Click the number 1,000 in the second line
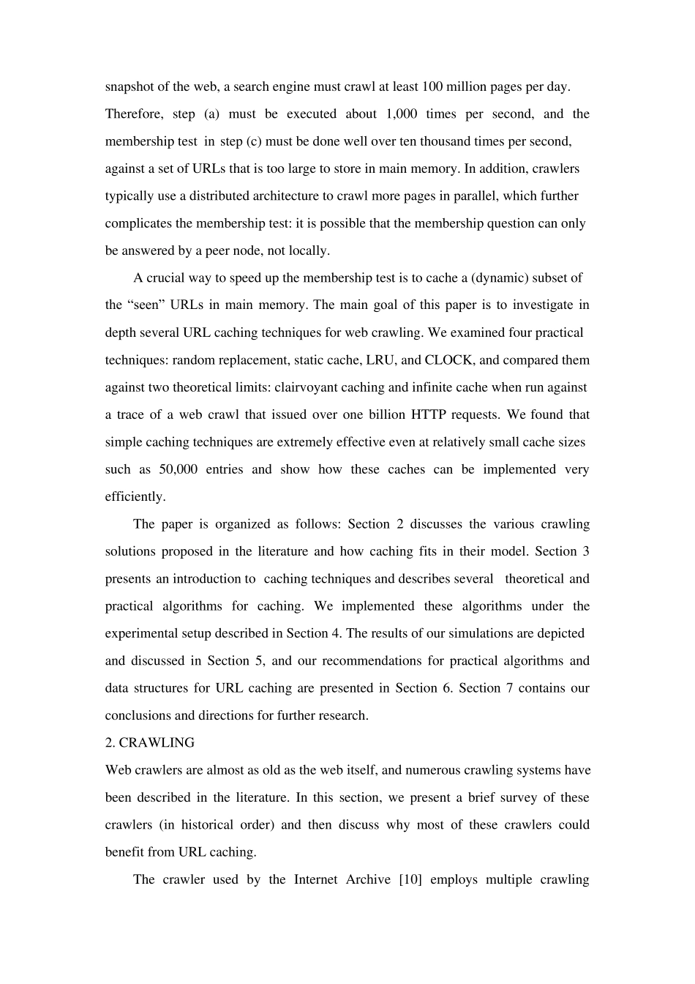coord(401,114)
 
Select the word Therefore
coord(132,114)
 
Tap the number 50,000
coord(178,470)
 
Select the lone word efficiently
coord(135,497)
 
